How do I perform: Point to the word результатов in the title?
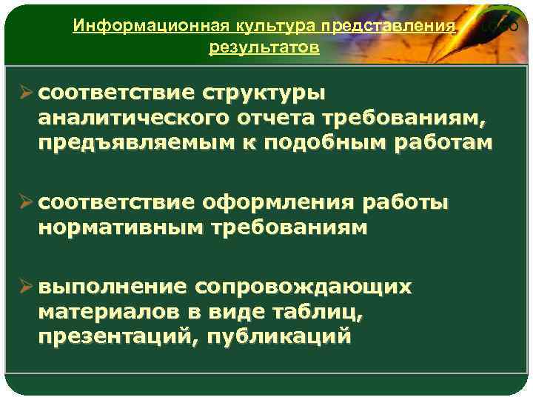264,48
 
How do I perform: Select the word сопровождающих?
303,287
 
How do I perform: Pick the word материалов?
104,312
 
